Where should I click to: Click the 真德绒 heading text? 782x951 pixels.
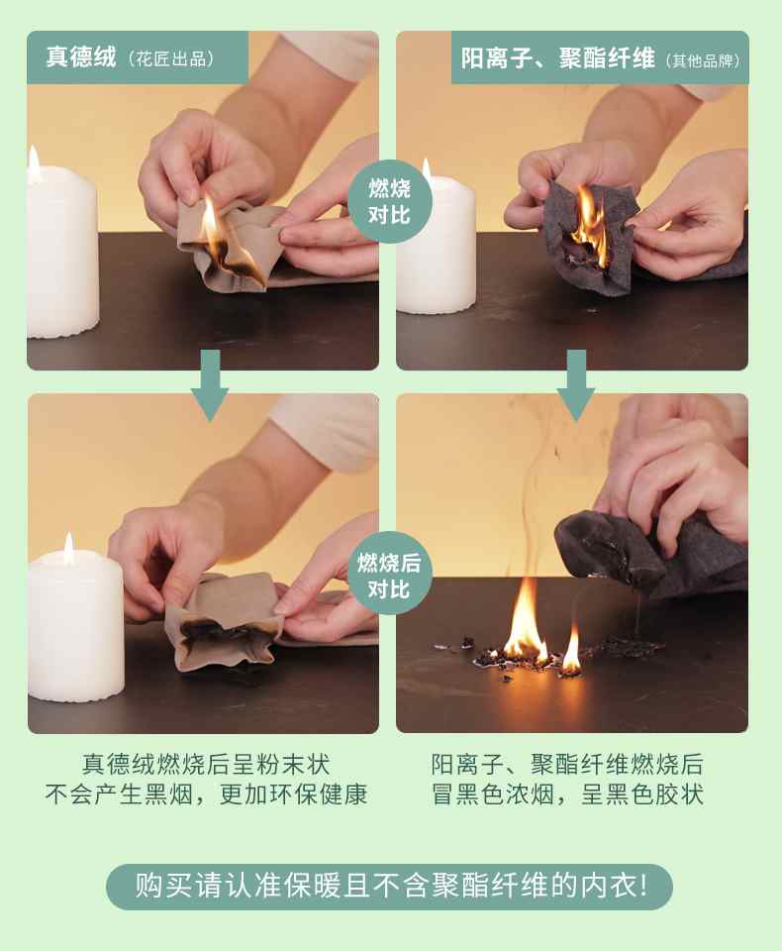(80, 57)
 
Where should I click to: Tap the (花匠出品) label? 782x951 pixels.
(171, 58)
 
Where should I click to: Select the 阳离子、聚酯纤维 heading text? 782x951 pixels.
(557, 58)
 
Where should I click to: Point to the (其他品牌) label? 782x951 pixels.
(703, 60)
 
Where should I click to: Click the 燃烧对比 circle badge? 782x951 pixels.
(390, 201)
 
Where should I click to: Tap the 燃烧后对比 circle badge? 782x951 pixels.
(390, 575)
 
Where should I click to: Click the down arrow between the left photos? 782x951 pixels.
(210, 385)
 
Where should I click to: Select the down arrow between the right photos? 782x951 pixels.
(576, 385)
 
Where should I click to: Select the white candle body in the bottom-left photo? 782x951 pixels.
(75, 631)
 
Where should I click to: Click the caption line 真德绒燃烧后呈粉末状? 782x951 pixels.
(206, 764)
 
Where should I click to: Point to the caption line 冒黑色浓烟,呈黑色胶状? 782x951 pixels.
(567, 794)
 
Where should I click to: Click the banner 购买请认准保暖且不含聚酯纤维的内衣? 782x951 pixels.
(390, 886)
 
